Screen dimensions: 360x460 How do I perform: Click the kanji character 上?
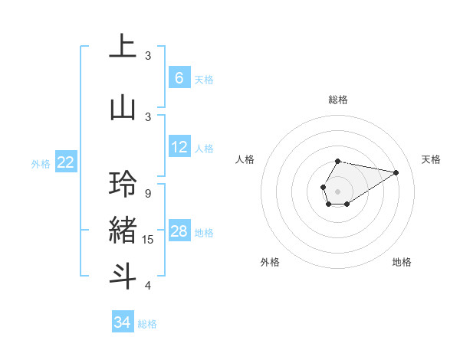point(123,47)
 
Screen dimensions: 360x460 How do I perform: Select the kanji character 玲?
point(123,185)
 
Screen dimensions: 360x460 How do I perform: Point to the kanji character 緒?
point(123,230)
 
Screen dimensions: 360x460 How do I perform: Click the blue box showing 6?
point(179,78)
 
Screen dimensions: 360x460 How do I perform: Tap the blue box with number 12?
point(179,147)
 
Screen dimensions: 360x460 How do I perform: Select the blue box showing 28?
point(179,231)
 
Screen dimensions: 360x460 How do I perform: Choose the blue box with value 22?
point(66,162)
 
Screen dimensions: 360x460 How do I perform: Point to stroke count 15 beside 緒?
point(149,241)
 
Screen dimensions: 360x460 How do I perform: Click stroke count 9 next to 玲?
point(148,194)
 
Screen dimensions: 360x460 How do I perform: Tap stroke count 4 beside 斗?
point(148,286)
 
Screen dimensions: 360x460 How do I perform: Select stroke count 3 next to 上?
point(148,56)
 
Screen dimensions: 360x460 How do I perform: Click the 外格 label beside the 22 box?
point(41,163)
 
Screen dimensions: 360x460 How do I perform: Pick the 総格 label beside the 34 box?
point(147,324)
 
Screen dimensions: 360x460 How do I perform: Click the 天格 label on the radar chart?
point(431,159)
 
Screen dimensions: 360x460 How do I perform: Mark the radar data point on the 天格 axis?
point(396,172)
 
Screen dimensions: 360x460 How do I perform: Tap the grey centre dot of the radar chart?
point(337,191)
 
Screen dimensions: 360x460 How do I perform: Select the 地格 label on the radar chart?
point(402,262)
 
